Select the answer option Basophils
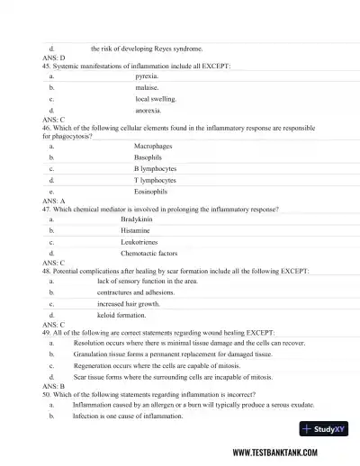point(148,157)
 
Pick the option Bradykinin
point(151,219)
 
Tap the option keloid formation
point(121,316)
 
